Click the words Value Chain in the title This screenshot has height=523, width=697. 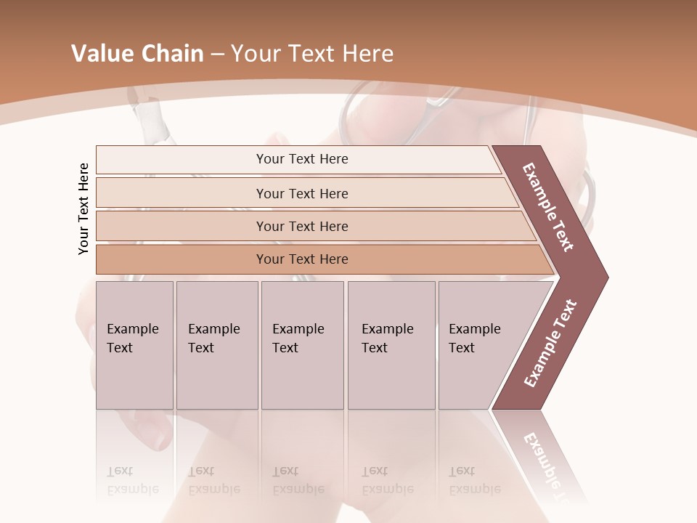pos(137,54)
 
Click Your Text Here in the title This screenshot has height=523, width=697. pos(312,54)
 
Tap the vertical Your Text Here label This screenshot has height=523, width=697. pos(84,208)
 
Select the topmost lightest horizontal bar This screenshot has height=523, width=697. pos(301,159)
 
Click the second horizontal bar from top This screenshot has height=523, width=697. pos(301,193)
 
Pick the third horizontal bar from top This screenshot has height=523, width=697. pos(301,226)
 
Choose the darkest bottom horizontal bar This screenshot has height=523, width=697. pos(301,259)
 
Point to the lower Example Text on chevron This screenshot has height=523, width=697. pos(550,343)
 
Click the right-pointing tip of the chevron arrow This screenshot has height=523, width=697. pos(604,277)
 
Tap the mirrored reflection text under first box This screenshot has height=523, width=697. pos(132,480)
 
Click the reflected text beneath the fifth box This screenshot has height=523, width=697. pos(474,480)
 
